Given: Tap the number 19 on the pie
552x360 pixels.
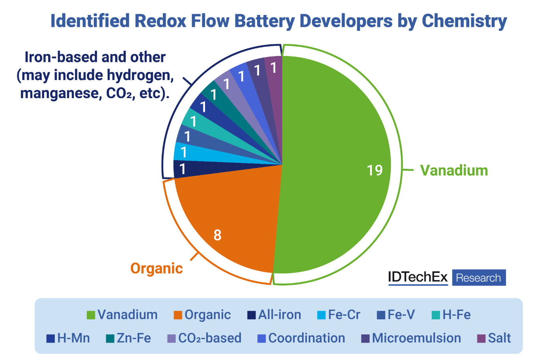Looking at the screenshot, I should click(x=375, y=170).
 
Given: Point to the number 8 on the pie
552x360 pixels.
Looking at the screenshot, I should click(x=217, y=235).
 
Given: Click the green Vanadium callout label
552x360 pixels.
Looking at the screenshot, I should click(x=454, y=170).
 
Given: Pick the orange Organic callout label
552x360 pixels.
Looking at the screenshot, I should click(x=157, y=268).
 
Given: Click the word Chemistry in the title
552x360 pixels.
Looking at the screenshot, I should click(x=464, y=21).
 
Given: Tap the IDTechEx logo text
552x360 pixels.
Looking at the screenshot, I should click(x=418, y=277).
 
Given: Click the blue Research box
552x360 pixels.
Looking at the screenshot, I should click(x=478, y=278).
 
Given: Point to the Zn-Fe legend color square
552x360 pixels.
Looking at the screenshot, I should click(x=110, y=338).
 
